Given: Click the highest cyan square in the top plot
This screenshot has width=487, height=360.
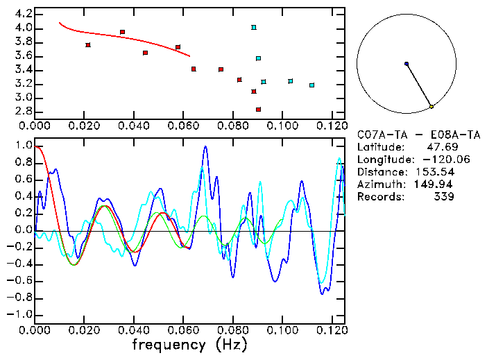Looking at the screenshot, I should point(254,28).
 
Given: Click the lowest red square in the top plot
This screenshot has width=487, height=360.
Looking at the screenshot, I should point(258,110).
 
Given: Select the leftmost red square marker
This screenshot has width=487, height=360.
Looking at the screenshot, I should point(88,45).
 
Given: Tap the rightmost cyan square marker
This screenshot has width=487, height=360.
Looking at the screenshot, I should point(312,85).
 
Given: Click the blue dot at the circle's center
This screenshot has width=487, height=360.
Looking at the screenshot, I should point(407,64).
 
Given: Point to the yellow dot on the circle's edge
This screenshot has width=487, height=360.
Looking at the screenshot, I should point(432,107).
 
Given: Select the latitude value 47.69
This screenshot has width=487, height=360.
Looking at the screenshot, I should point(440,147).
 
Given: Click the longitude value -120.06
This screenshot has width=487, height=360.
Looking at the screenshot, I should point(432,160).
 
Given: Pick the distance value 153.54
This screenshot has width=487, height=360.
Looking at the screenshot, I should point(435,172).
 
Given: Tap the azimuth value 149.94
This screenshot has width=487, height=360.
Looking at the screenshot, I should point(435,185).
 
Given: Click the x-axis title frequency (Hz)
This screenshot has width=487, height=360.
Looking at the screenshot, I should point(178,345).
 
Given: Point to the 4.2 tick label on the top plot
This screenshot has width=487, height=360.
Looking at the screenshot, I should point(23,14).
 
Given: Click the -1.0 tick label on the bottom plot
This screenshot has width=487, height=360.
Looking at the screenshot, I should point(21,314).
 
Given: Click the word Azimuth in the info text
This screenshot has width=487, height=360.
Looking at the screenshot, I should point(379,185).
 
